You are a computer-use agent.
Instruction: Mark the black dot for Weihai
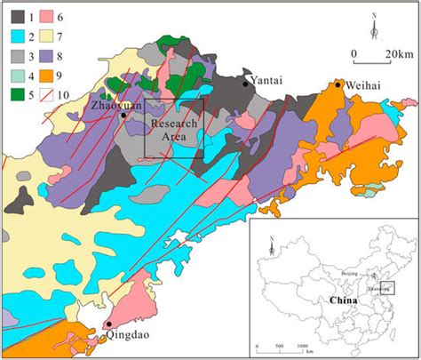pos(338,84)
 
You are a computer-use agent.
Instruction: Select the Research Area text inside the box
pos(173,132)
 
